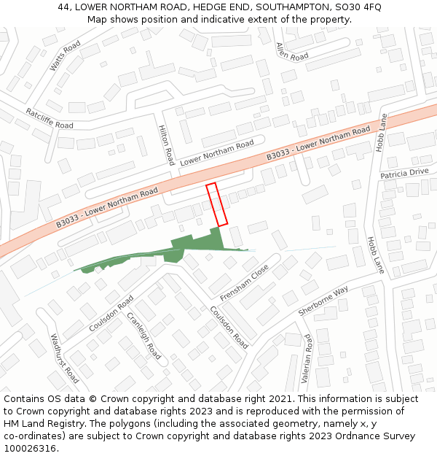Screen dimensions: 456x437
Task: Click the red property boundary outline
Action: click(x=217, y=204)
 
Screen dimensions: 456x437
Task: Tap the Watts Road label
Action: click(x=65, y=56)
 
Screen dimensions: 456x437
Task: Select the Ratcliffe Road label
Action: click(x=50, y=117)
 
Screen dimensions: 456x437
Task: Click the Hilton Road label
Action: click(x=167, y=144)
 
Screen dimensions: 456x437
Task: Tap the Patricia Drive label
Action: click(x=404, y=173)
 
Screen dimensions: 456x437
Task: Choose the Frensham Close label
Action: click(x=245, y=282)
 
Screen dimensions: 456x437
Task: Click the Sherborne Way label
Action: click(x=323, y=301)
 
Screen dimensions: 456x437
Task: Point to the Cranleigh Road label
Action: click(x=144, y=336)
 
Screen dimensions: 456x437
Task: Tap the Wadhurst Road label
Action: click(x=64, y=358)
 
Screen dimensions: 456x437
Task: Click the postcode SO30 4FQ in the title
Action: click(x=361, y=7)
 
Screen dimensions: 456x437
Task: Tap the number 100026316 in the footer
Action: click(x=31, y=449)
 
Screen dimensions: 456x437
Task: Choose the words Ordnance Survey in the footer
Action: click(x=381, y=436)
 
